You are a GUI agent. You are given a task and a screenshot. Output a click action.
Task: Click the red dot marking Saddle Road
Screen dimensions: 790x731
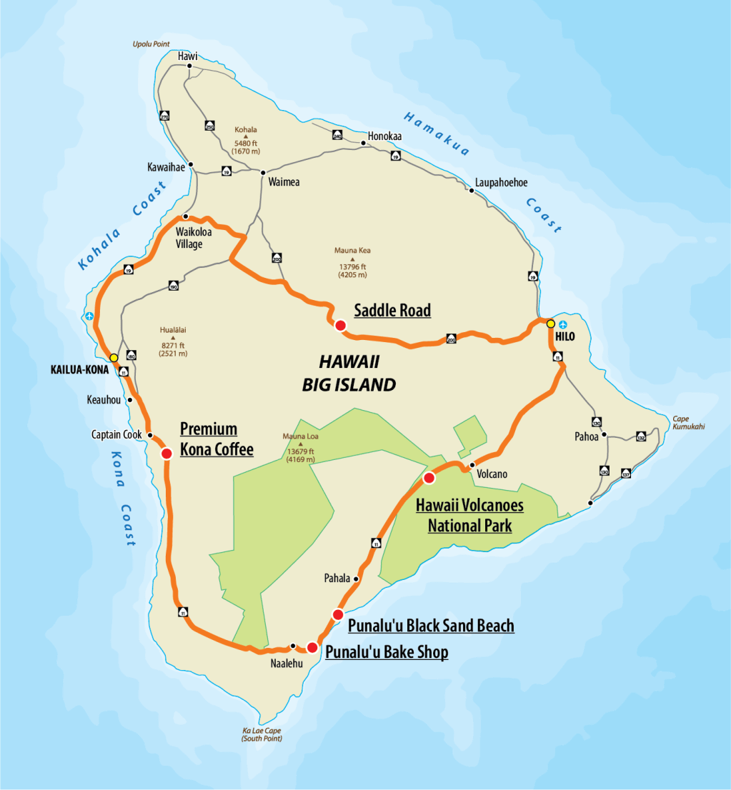[x=340, y=326]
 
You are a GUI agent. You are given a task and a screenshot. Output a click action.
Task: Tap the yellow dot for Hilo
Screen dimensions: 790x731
[x=550, y=324]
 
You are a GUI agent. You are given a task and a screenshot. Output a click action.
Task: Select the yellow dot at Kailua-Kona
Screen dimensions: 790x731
[x=114, y=357]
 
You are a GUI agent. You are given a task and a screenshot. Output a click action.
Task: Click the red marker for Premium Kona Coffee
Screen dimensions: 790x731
[x=166, y=454]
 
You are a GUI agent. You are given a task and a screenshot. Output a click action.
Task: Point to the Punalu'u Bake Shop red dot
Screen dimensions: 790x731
[x=312, y=647]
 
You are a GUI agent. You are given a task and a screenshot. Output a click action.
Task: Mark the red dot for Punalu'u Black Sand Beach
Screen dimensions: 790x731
[x=338, y=614]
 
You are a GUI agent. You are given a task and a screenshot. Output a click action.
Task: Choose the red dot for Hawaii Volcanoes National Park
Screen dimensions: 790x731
[x=429, y=477]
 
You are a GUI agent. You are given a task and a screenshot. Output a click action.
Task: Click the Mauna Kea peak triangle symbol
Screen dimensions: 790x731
[x=352, y=259]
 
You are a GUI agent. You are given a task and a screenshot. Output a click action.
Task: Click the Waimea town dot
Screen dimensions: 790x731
[x=263, y=172]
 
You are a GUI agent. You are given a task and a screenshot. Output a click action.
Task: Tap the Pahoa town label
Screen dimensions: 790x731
[x=586, y=436]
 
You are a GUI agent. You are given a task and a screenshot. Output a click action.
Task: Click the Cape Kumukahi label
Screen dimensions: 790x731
[x=688, y=422]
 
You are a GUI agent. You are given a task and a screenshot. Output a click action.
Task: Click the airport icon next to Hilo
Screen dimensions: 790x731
[x=563, y=324]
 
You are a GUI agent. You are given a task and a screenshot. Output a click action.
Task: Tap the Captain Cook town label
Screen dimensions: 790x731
[x=118, y=434]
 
